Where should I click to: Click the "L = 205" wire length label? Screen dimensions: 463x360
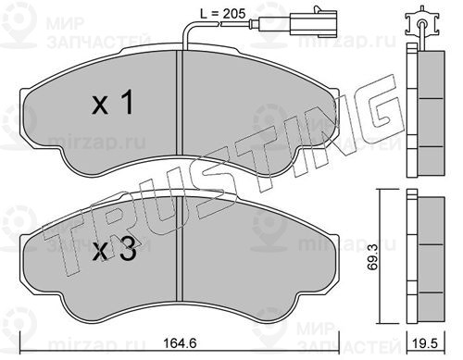tap(222, 14)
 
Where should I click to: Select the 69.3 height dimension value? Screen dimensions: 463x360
tap(373, 258)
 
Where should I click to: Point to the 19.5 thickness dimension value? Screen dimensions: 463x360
tap(426, 343)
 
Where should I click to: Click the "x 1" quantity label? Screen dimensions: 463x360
tap(113, 103)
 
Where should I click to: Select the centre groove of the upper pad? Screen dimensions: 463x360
tap(180, 103)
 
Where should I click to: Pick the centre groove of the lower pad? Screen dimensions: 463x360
tap(180, 249)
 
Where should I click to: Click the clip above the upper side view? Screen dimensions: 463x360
tap(421, 24)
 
